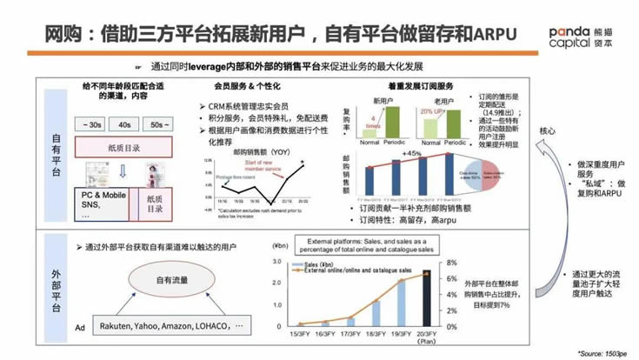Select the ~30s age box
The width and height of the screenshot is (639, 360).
[x=93, y=125]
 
